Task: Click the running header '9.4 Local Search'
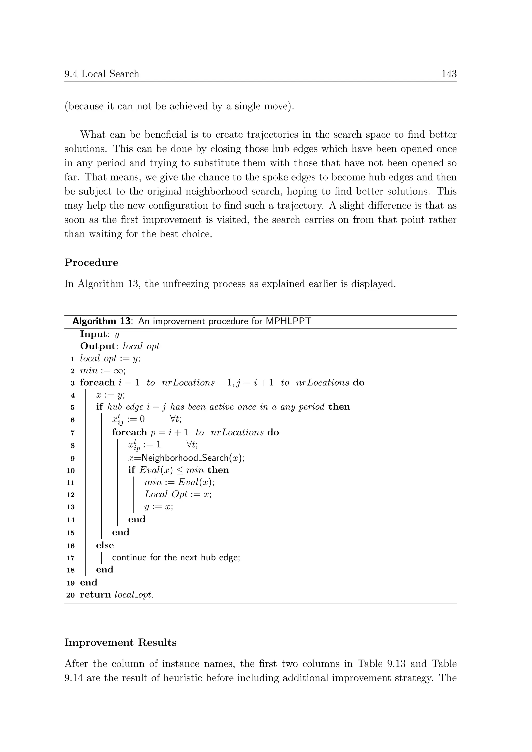pyautogui.click(x=102, y=74)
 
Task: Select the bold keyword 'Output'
pyautogui.click(x=97, y=346)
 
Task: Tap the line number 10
pyautogui.click(x=70, y=471)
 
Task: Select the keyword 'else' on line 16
pyautogui.click(x=105, y=545)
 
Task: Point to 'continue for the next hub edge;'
pyautogui.click(x=176, y=558)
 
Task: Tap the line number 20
pyautogui.click(x=70, y=595)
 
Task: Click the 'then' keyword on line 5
pyautogui.click(x=339, y=407)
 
